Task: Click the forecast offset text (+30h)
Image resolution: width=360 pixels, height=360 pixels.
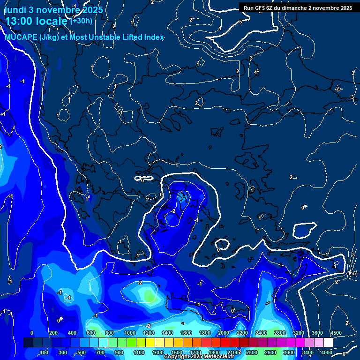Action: (81, 21)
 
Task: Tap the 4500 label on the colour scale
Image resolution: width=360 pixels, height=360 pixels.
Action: (336, 333)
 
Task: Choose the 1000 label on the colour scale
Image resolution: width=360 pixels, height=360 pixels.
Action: (129, 333)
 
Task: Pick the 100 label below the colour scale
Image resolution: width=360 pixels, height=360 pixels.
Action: (45, 352)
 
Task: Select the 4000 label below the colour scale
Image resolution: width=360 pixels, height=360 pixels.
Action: (327, 352)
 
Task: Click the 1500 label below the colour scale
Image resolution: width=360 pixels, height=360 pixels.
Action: (177, 352)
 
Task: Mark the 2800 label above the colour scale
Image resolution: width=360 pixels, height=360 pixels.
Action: (279, 333)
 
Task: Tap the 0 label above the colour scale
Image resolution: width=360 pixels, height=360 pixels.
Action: (32, 333)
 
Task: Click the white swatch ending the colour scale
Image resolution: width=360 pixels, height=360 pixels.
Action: (328, 343)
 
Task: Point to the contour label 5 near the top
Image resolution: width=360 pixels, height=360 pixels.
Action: (240, 22)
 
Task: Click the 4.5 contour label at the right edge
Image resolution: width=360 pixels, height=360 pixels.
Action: (353, 272)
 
